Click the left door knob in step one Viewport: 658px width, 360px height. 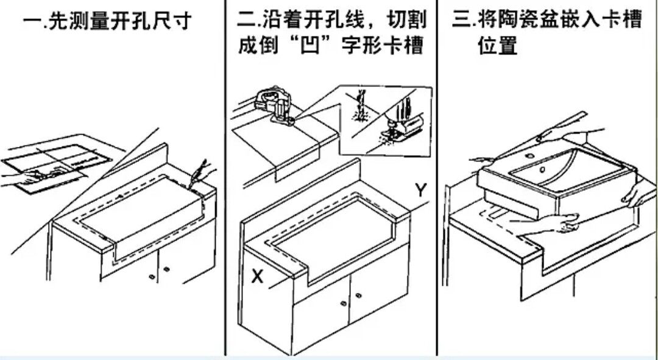(x=150, y=277)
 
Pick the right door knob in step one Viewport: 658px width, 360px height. (x=166, y=269)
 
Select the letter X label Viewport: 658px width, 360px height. (x=258, y=277)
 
